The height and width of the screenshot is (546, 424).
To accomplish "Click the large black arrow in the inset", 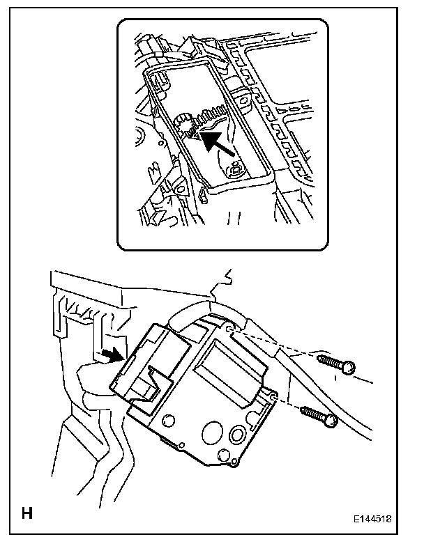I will (215, 139).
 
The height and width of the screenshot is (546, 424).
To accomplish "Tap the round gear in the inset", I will (185, 125).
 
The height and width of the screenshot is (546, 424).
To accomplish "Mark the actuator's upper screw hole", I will (229, 325).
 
